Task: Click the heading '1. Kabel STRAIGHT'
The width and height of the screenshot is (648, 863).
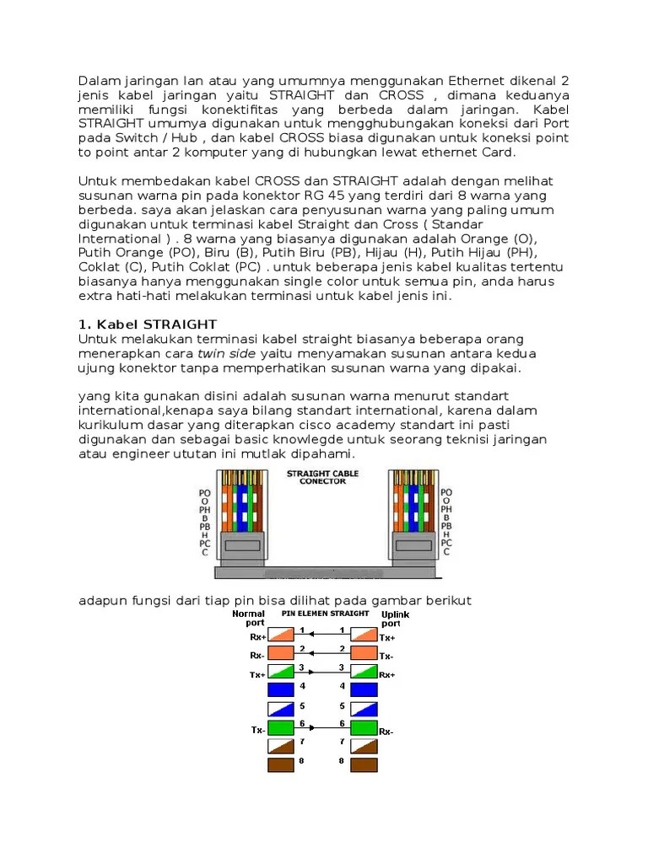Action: [148, 324]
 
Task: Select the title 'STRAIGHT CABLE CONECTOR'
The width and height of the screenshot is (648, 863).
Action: [322, 478]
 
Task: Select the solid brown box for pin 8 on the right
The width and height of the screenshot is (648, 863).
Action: [364, 765]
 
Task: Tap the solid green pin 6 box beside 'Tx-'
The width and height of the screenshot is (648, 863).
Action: [280, 726]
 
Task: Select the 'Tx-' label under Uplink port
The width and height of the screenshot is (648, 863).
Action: [386, 656]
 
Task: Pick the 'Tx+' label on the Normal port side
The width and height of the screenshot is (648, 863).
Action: [256, 676]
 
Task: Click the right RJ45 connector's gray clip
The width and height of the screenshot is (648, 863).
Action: [413, 545]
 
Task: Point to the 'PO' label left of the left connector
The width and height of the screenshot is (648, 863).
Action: [205, 491]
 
